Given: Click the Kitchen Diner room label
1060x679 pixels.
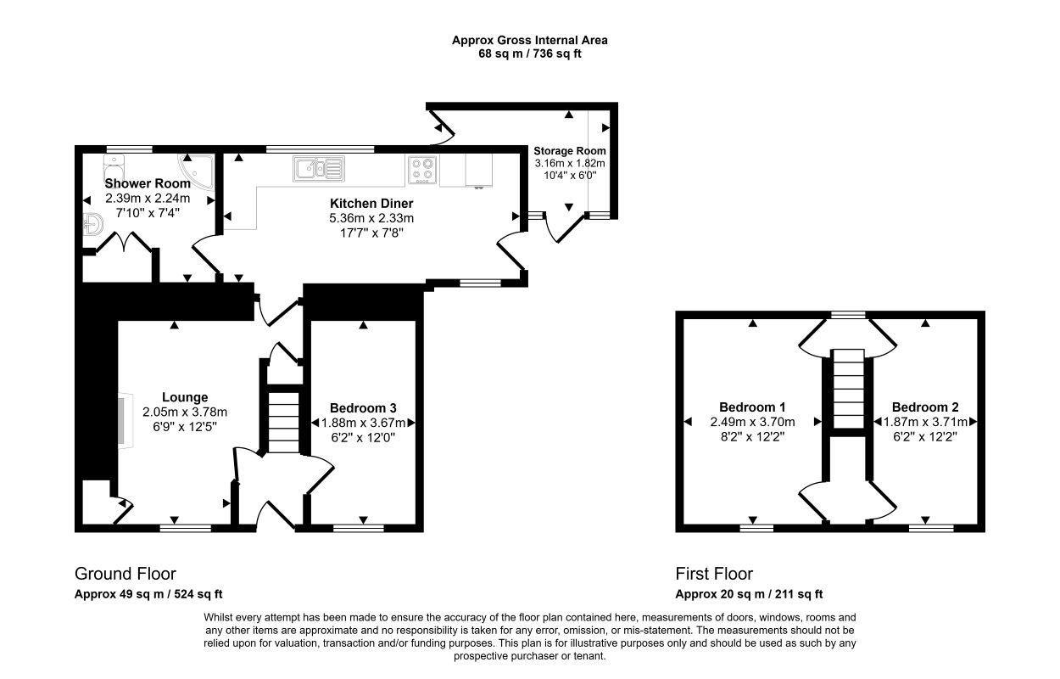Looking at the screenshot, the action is point(371,204).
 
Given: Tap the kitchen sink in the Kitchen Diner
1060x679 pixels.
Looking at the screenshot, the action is point(319,169).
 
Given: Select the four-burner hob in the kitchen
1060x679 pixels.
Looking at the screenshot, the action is point(422,170).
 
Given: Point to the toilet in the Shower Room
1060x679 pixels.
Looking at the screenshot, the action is point(114,168).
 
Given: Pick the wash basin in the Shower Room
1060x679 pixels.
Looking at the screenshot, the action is point(93,224).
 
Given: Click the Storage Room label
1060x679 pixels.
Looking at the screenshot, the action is point(570,151).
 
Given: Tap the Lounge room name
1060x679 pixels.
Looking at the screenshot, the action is point(185,397).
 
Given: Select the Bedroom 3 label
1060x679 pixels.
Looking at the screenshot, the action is point(363,408).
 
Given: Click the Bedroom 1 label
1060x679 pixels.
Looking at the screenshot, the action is point(752,407).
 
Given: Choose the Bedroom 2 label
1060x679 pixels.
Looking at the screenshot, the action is point(925,407).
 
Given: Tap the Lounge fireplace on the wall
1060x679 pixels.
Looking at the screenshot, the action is point(126,419).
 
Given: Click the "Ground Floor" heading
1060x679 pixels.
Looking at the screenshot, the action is point(126,574).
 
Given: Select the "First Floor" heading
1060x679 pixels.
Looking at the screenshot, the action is point(714,574).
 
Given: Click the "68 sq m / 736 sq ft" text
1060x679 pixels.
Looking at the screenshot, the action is point(530,53).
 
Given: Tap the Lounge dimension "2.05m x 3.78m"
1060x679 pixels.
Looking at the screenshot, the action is point(185,412).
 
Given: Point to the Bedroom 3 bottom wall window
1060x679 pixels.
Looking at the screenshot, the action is point(358,529).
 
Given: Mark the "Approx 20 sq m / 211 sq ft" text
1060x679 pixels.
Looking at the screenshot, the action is point(749,594).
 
